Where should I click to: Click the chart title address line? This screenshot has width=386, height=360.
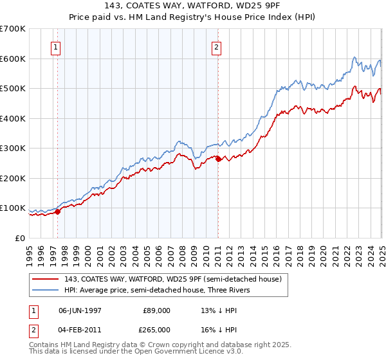coord(193,6)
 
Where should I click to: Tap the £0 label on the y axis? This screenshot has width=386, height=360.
coord(21,238)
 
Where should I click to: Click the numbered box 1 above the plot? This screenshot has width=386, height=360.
coord(57,47)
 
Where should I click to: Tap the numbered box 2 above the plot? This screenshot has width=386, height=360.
coord(217,47)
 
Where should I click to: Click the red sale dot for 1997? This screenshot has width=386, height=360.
coord(57,211)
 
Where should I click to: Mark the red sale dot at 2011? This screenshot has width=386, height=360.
coord(218,159)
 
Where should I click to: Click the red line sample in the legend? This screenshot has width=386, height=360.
coord(45,279)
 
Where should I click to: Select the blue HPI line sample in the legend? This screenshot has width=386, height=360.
coord(45,290)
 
